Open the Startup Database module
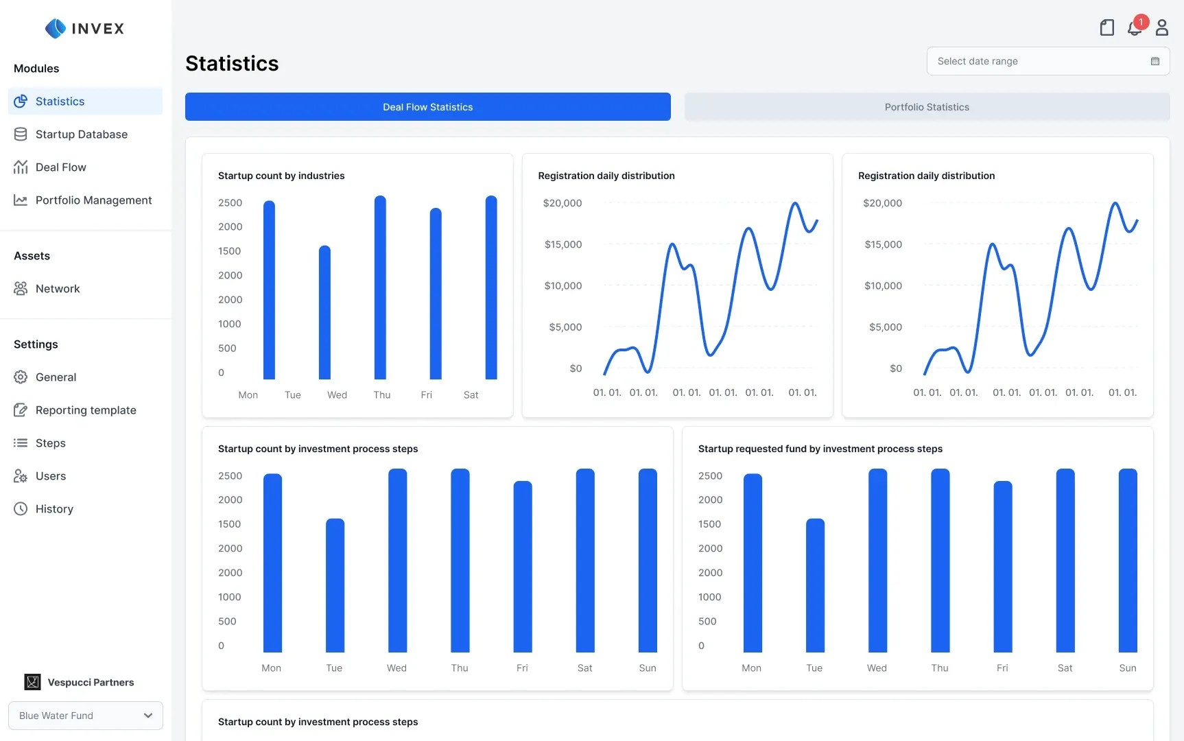click(x=81, y=134)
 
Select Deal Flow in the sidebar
click(x=60, y=167)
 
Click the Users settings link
click(x=51, y=476)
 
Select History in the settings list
click(x=54, y=509)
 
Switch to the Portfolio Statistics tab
click(x=927, y=107)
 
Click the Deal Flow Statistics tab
click(x=428, y=107)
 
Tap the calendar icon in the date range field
click(x=1155, y=61)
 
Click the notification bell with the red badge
click(x=1135, y=27)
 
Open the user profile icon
click(x=1162, y=27)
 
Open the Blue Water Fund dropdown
click(x=86, y=716)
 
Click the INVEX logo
click(x=84, y=28)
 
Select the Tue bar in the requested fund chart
click(x=815, y=585)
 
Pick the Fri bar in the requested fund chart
click(x=1003, y=567)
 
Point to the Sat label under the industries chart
click(x=471, y=395)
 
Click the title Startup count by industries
click(x=281, y=176)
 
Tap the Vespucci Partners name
click(x=91, y=683)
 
